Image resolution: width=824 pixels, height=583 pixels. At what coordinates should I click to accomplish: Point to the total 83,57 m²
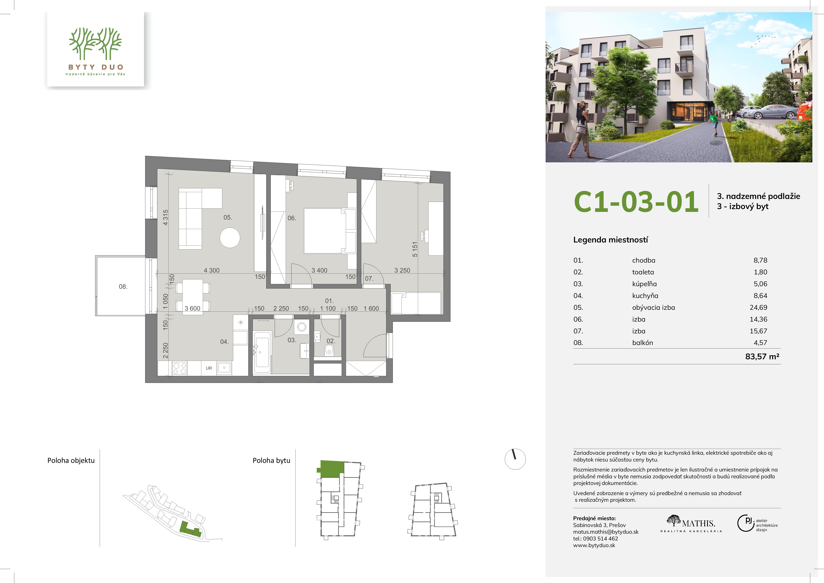(x=762, y=356)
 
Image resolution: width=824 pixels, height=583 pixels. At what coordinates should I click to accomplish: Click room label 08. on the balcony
(x=123, y=287)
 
